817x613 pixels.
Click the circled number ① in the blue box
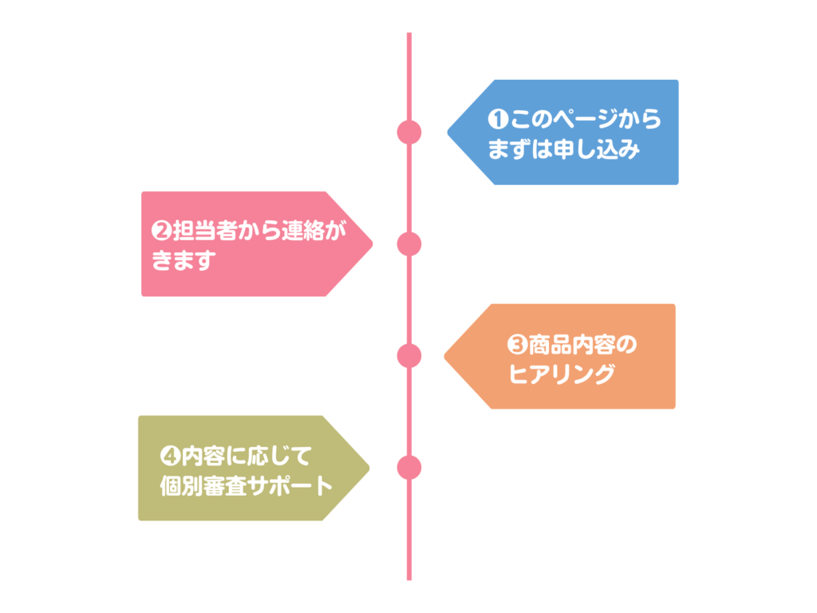pos(498,120)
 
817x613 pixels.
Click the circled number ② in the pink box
pos(161,231)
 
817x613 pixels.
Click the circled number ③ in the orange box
pos(517,345)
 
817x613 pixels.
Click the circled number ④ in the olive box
pos(170,457)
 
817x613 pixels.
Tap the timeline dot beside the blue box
pos(409,132)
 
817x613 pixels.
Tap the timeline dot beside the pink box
pos(409,244)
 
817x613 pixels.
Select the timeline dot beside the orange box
pos(409,356)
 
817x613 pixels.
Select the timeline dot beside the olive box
pos(409,468)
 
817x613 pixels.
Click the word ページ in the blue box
pos(586,120)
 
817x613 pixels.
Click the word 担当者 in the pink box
pos(205,231)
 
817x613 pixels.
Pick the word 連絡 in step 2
pos(303,231)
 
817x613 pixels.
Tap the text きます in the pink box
pos(184,261)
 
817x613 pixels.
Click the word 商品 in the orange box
pos(551,345)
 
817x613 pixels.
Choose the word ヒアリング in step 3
pos(562,374)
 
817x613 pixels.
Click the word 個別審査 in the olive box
pos(203,486)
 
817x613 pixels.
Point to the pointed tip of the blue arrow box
pos(448,132)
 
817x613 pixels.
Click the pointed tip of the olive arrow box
pos(369,468)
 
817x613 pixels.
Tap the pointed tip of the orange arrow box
pos(444,357)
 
